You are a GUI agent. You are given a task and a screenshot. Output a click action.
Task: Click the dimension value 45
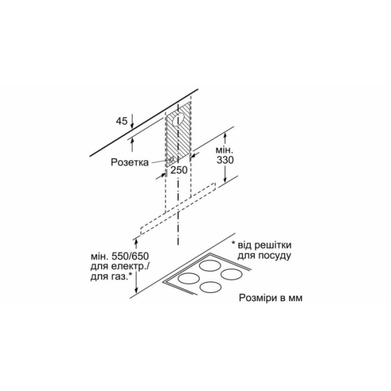[x=122, y=121]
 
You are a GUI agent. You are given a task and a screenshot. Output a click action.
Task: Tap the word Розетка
[x=130, y=162]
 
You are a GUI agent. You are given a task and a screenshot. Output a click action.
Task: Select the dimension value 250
[x=179, y=170]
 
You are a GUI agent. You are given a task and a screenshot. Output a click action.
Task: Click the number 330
[x=225, y=160]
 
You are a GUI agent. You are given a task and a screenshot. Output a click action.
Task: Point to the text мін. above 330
[x=224, y=151]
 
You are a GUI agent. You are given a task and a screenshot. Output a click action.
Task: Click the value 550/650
[x=130, y=256]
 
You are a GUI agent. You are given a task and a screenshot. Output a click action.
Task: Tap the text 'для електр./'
[x=120, y=266]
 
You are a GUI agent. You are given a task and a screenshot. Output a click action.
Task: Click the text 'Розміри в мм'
[x=271, y=298]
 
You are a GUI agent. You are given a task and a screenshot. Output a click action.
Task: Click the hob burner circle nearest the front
[x=211, y=287]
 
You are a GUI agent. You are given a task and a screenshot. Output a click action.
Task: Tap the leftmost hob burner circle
[x=189, y=278]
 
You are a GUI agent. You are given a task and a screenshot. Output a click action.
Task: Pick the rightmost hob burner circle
[x=232, y=274]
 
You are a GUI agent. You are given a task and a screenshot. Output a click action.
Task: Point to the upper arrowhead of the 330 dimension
[x=225, y=137]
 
